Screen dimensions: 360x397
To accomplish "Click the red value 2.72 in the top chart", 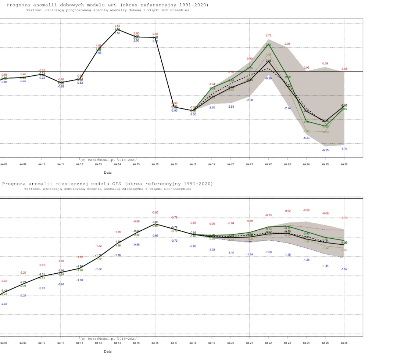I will pyautogui.click(x=268, y=36).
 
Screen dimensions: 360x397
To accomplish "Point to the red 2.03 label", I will pyautogui.click(x=287, y=44).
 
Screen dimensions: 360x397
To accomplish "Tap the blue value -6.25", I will pyautogui.click(x=325, y=150).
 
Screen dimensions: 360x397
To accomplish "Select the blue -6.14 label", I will pyautogui.click(x=344, y=148).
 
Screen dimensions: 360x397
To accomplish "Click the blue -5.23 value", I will pyautogui.click(x=306, y=138).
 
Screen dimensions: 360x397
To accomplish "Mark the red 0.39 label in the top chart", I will pyautogui.click(x=325, y=64).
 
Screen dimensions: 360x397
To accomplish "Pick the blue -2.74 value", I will pyautogui.click(x=287, y=108).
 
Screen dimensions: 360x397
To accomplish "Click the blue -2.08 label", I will pyautogui.click(x=250, y=100).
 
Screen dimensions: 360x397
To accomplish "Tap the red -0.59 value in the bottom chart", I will pyautogui.click(x=306, y=210).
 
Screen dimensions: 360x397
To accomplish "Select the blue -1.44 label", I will pyautogui.click(x=325, y=266).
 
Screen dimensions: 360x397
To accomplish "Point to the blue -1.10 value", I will pyautogui.click(x=231, y=253).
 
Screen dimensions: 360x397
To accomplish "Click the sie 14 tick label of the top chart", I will pyautogui.click(x=117, y=164).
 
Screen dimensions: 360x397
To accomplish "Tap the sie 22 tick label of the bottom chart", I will pyautogui.click(x=268, y=342).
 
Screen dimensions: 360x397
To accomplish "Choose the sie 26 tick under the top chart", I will pyautogui.click(x=344, y=164).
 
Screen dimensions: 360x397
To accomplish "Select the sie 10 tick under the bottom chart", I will pyautogui.click(x=42, y=342).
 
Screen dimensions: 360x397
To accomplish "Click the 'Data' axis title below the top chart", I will pyautogui.click(x=108, y=172).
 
